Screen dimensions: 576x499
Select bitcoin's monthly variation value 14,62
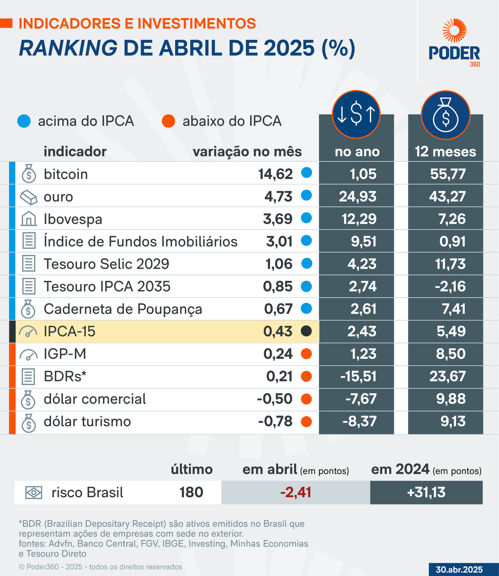pyautogui.click(x=275, y=174)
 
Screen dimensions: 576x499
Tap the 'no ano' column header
pyautogui.click(x=357, y=152)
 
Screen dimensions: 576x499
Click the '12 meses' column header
pyautogui.click(x=445, y=152)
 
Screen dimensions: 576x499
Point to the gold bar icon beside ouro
pyautogui.click(x=28, y=197)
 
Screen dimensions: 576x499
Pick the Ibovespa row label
pyautogui.click(x=73, y=219)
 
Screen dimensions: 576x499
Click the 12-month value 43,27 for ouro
pyautogui.click(x=447, y=197)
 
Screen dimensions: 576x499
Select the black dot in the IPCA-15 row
pyautogui.click(x=306, y=331)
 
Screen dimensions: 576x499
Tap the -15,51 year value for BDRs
pyautogui.click(x=358, y=377)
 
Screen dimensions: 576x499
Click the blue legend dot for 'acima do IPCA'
pyautogui.click(x=24, y=121)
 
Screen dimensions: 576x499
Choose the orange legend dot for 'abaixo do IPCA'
pyautogui.click(x=168, y=121)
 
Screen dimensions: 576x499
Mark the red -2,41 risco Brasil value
pyautogui.click(x=296, y=492)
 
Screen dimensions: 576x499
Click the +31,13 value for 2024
pyautogui.click(x=426, y=492)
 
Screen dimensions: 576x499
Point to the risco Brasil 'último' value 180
pyautogui.click(x=191, y=492)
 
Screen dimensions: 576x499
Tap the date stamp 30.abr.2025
pyautogui.click(x=459, y=570)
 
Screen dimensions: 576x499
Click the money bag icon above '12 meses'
pyautogui.click(x=445, y=115)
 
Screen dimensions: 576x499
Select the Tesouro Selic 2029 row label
pyautogui.click(x=106, y=264)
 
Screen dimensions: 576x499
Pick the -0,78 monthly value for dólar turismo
pyautogui.click(x=275, y=421)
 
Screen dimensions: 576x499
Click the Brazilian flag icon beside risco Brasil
pyautogui.click(x=34, y=493)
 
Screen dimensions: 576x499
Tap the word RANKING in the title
pyautogui.click(x=68, y=48)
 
